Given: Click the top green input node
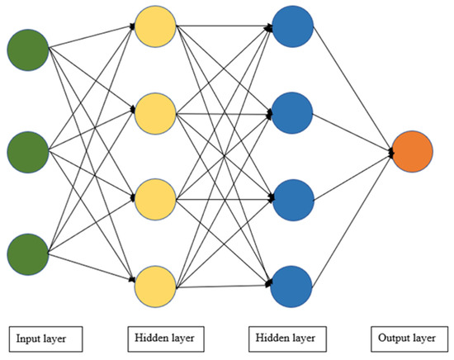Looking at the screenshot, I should (x=27, y=50).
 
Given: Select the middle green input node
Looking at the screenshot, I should (x=27, y=151).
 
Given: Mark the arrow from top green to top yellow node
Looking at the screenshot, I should (x=91, y=38).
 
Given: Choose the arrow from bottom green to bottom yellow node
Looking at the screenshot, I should (x=91, y=269).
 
